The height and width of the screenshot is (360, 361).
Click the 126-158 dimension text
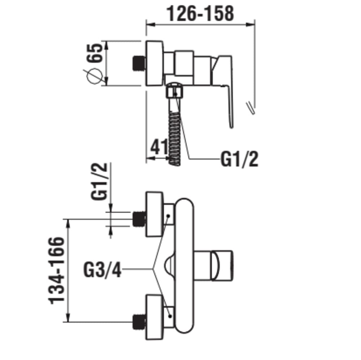(x=200, y=13)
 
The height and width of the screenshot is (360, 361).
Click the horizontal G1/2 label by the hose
(x=239, y=159)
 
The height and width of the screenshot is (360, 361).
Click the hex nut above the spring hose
(x=175, y=92)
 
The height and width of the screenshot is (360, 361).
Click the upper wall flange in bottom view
(x=155, y=215)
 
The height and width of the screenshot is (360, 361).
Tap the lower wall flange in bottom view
(x=155, y=317)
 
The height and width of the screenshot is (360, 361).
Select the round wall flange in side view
(x=155, y=63)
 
